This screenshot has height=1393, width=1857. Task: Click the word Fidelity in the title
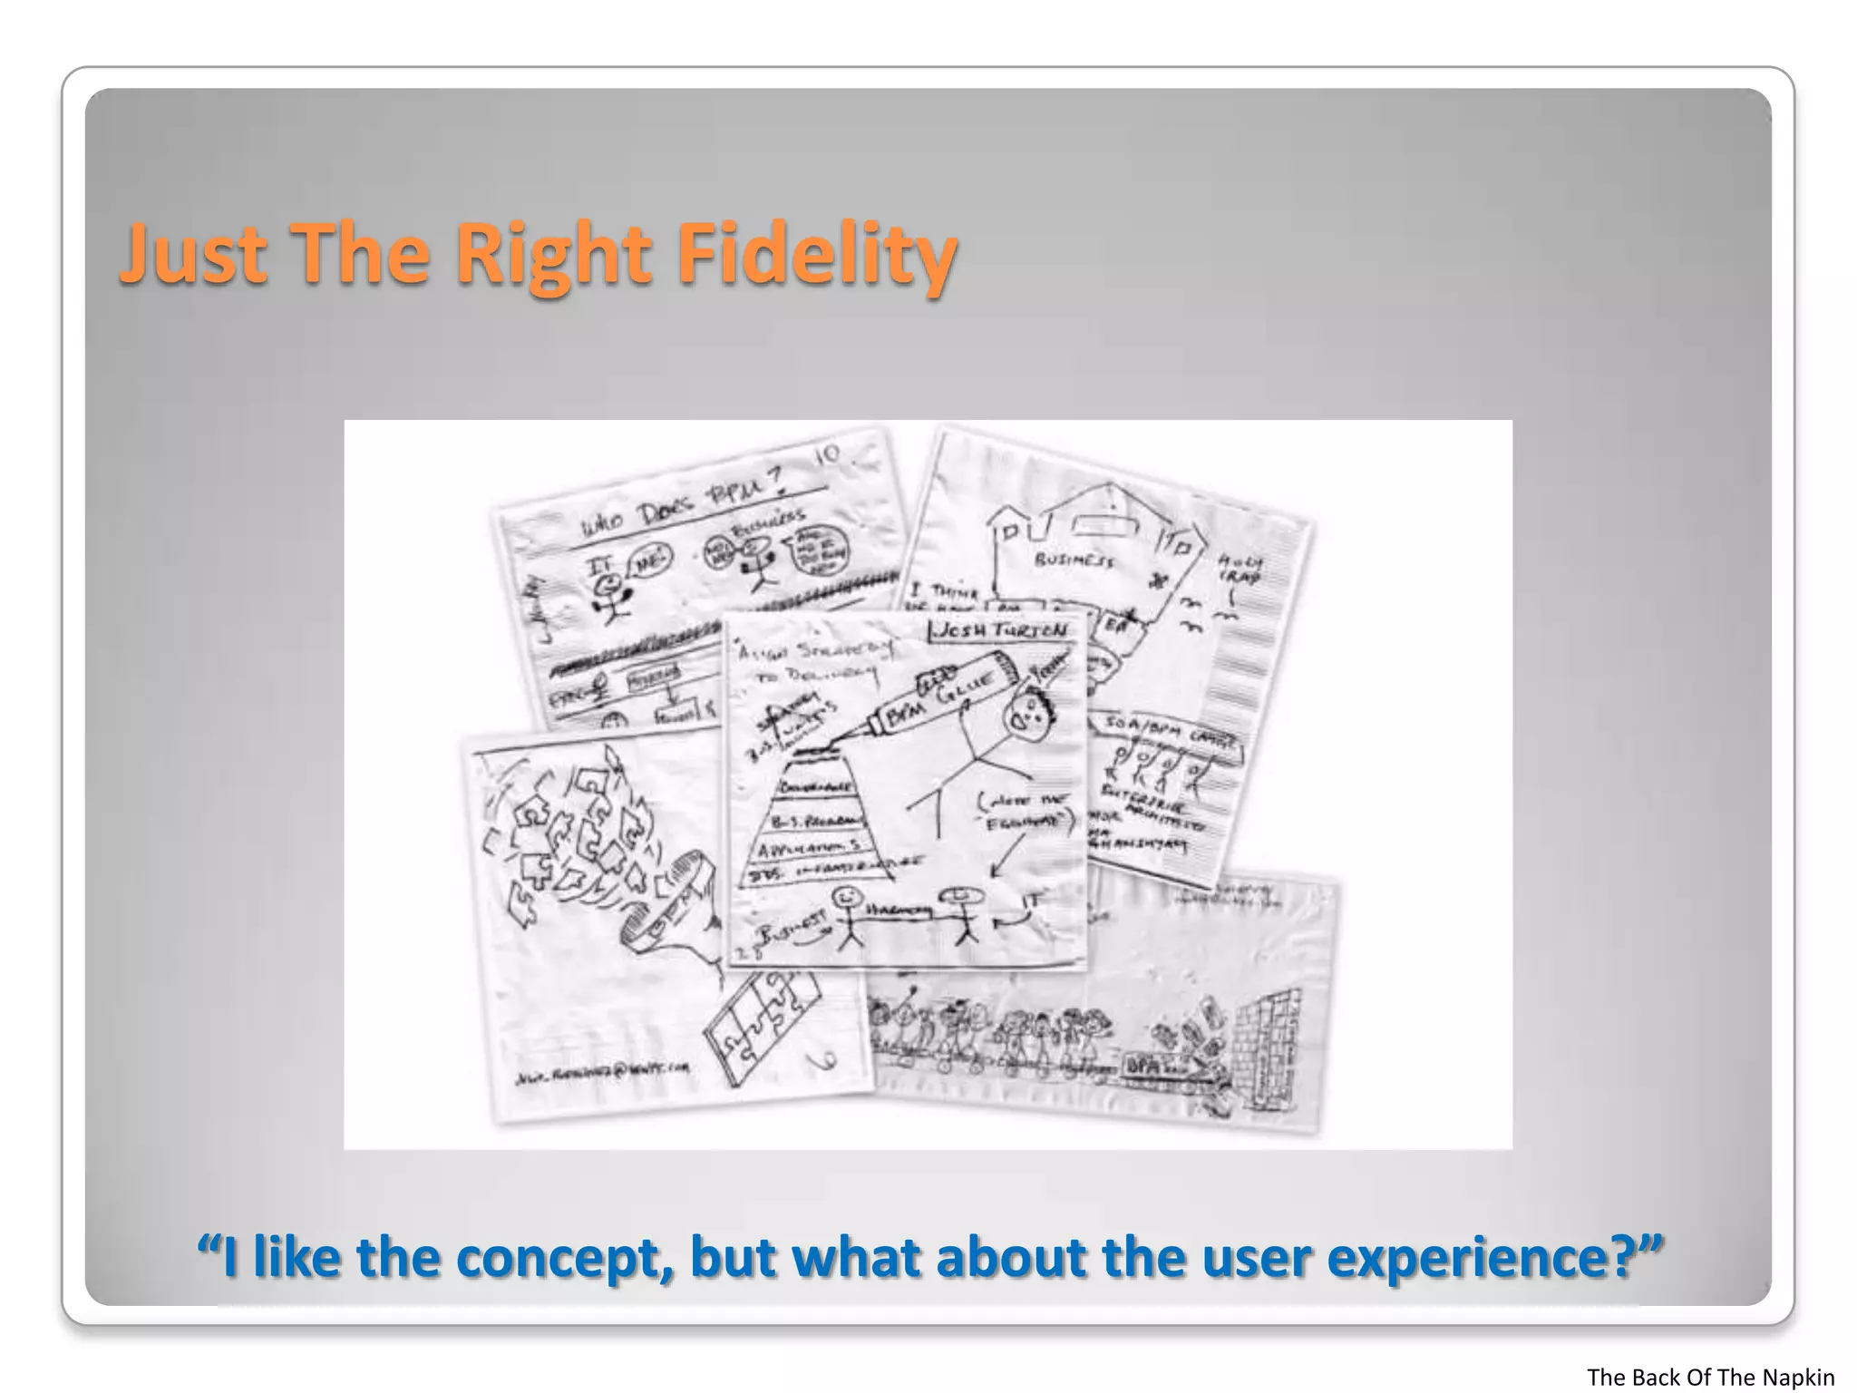coord(816,252)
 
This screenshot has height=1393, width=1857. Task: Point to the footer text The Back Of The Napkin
coord(1709,1377)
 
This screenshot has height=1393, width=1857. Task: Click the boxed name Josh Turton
coord(1002,629)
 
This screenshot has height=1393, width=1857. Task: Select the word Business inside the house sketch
coord(1074,560)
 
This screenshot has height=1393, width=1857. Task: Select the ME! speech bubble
coord(649,560)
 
